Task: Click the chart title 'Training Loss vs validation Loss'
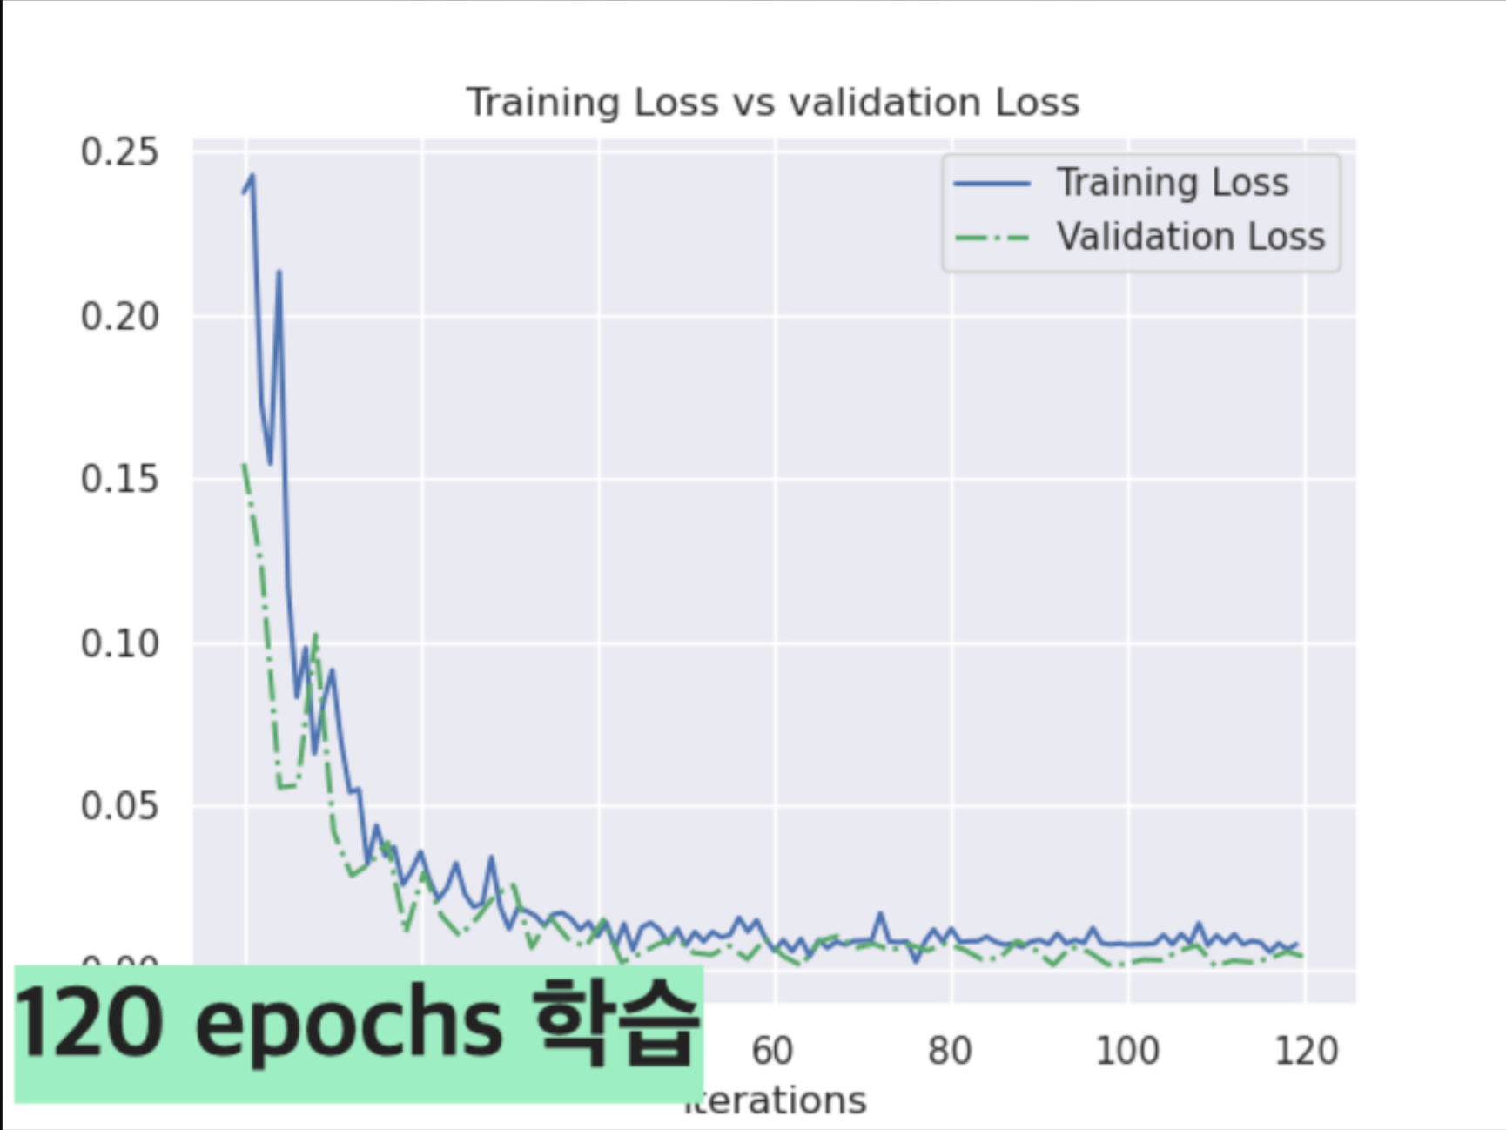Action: (772, 103)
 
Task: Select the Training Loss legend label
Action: (1173, 183)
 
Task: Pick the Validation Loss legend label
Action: (1190, 237)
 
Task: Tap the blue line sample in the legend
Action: (992, 184)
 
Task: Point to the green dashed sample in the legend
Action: (992, 238)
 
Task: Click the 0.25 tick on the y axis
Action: (119, 152)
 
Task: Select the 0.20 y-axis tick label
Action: (119, 317)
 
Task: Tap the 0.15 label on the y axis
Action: (119, 480)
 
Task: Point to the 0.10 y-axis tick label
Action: (119, 644)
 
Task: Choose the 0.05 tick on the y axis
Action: (119, 806)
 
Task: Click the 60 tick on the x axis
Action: (772, 1051)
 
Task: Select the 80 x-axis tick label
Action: (950, 1051)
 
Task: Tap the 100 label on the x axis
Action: (1127, 1051)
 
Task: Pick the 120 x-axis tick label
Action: (1306, 1051)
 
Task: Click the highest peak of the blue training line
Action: (252, 176)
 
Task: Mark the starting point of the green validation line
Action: (244, 465)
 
